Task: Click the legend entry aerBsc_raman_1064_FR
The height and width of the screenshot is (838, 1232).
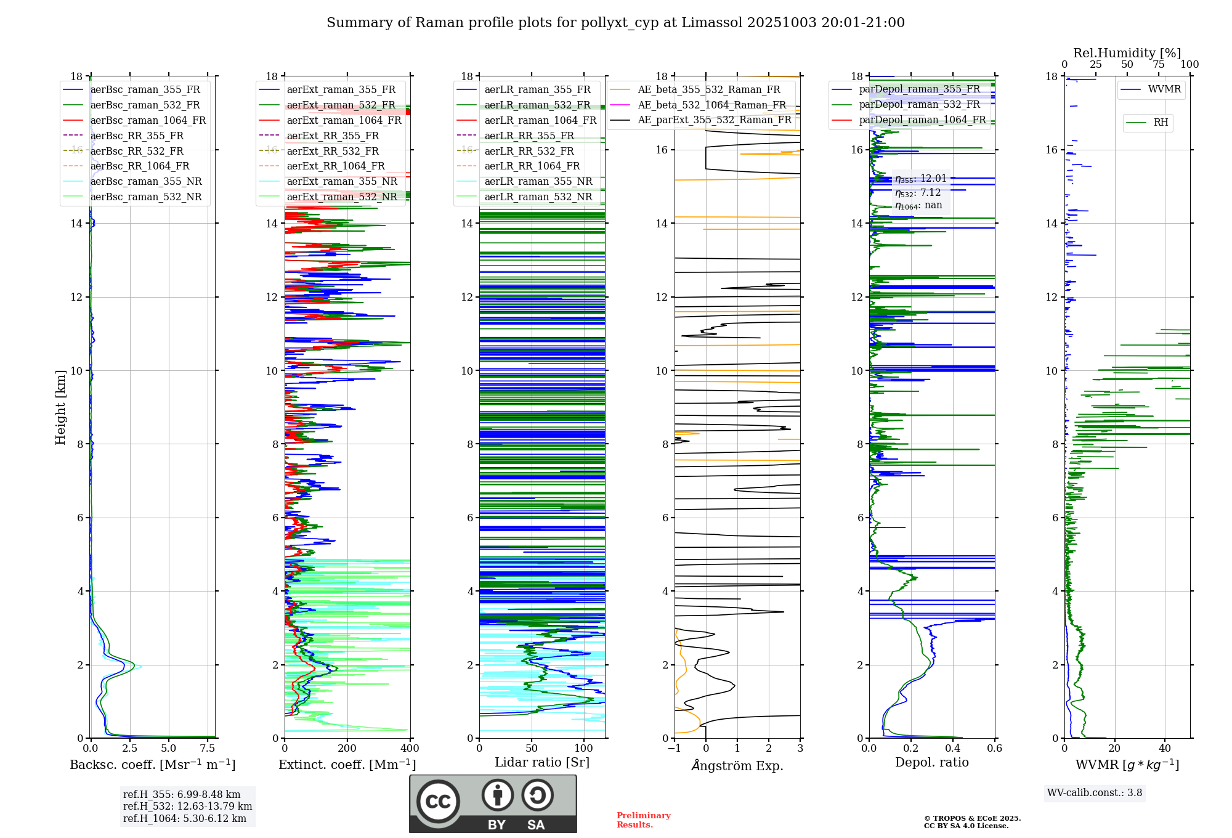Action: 148,121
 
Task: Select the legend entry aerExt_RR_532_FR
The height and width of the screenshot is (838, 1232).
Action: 333,151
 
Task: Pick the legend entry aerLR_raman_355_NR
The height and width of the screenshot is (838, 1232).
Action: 538,182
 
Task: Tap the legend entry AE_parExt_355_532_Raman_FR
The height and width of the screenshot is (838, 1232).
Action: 715,120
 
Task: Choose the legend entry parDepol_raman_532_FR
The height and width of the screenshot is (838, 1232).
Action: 919,105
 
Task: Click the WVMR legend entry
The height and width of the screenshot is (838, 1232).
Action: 1164,89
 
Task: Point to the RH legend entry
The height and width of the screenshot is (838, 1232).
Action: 1161,123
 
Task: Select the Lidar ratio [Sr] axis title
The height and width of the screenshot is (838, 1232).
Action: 541,762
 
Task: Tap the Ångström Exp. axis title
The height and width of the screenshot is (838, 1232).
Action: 737,766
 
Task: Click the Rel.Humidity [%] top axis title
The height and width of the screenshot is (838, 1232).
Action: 1127,53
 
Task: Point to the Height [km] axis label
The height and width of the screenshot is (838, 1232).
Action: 60,407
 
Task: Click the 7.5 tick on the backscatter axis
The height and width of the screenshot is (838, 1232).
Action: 208,749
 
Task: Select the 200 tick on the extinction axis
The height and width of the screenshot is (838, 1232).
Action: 347,749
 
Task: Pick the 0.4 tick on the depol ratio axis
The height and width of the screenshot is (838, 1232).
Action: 952,749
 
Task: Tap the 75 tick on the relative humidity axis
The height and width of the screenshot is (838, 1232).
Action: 1158,65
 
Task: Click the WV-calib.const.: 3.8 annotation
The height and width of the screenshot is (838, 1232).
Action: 1094,793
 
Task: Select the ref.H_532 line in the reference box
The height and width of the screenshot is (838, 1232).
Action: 187,807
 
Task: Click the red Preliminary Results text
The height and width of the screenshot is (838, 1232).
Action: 643,820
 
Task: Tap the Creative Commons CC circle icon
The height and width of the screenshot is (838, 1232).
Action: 438,802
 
